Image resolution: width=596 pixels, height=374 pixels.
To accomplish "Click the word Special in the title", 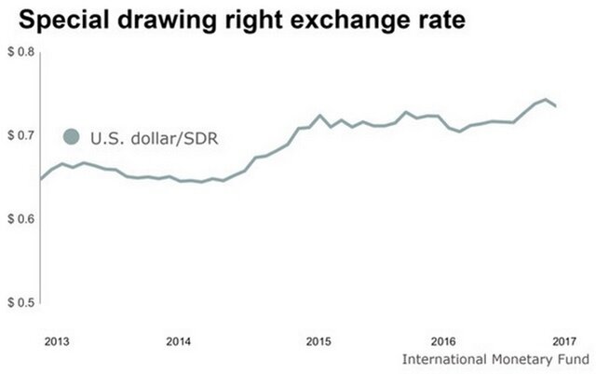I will [x=61, y=19].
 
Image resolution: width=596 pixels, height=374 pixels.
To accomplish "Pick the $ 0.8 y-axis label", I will [x=20, y=51].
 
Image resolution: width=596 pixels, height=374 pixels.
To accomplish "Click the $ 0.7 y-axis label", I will [x=20, y=135].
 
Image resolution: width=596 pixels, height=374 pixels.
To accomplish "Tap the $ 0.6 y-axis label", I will [x=20, y=219].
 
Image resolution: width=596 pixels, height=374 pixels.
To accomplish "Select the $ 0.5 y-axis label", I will [x=20, y=303].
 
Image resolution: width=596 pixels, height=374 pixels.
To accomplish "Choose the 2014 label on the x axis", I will [x=179, y=340].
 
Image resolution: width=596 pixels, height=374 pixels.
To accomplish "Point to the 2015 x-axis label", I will [x=318, y=340].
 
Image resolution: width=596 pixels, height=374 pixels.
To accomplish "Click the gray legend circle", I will [x=71, y=138].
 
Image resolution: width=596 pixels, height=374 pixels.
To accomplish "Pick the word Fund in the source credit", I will [x=574, y=359].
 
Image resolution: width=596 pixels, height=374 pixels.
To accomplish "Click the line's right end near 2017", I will [x=557, y=106].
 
